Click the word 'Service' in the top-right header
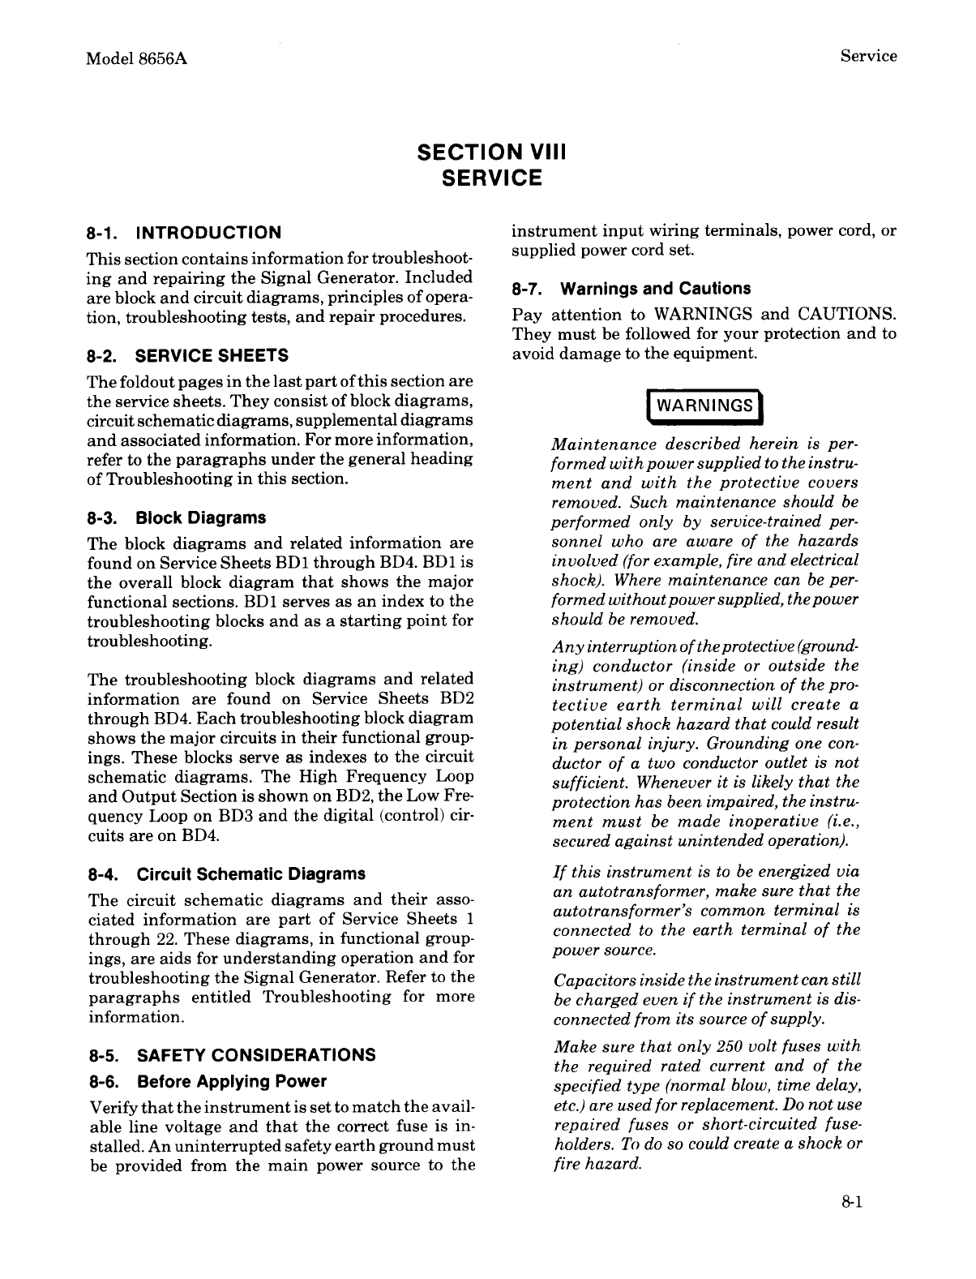(868, 56)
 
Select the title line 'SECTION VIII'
(490, 152)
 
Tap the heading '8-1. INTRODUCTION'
(184, 234)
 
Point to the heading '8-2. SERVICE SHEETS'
(187, 355)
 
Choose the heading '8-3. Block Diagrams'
(176, 517)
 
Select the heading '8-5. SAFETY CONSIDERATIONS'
(231, 1055)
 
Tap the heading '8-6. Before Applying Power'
(207, 1082)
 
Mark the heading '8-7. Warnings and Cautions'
(631, 289)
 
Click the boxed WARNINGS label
(704, 406)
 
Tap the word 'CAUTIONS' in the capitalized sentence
(847, 314)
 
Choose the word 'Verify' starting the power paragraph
(110, 1108)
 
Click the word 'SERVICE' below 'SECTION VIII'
(490, 178)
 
